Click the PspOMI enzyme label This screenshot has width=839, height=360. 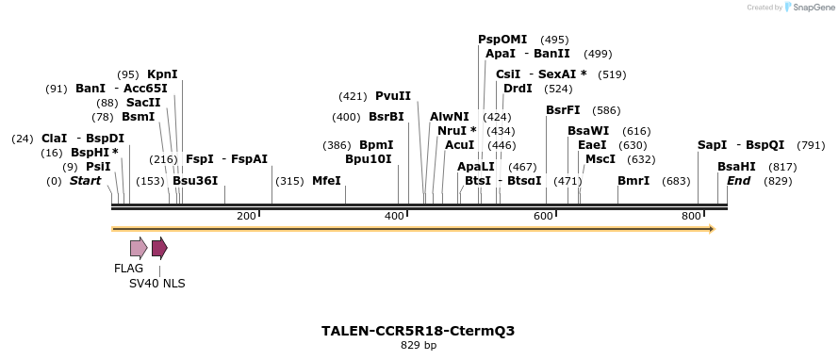point(502,40)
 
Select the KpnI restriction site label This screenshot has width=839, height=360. point(162,74)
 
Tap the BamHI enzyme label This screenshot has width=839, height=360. point(736,167)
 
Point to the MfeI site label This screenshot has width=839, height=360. point(326,181)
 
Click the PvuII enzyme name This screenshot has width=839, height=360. point(393,96)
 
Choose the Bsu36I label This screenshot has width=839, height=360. point(195,181)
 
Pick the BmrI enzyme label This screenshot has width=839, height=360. point(633,181)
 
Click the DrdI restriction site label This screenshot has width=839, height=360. point(518,89)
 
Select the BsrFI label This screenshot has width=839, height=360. point(563,110)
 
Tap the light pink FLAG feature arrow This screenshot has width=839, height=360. point(139,248)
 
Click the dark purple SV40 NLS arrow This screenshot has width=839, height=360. point(159,248)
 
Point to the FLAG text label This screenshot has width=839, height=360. point(129,269)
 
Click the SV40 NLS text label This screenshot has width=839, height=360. point(157,283)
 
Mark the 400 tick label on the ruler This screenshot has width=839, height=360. point(395,217)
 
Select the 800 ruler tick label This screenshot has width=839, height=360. point(691,217)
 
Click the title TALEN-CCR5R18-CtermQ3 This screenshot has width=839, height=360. point(418,332)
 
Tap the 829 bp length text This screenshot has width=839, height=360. point(419,346)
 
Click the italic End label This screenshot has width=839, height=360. point(738,181)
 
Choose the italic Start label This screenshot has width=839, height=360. point(85,181)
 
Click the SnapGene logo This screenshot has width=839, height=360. point(809,8)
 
